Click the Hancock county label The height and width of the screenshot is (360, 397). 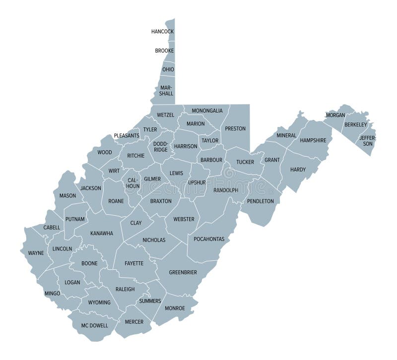162,32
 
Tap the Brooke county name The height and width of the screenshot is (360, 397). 164,51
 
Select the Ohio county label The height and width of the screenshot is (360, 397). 168,69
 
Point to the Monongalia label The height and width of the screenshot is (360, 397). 207,111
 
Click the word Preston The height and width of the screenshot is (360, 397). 235,128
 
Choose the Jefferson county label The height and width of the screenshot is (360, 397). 368,140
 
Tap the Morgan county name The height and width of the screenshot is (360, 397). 335,115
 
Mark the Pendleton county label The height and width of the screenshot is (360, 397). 260,201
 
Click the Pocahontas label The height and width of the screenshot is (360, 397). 209,239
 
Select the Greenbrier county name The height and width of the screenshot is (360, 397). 183,272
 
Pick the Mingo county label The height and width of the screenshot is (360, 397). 52,294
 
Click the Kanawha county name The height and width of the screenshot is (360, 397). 101,233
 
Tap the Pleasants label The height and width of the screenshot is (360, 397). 127,135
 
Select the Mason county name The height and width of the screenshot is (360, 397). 67,195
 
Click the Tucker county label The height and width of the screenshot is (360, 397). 245,162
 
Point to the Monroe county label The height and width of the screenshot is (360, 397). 175,308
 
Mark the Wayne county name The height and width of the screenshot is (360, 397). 36,253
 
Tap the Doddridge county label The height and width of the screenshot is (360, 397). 161,147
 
